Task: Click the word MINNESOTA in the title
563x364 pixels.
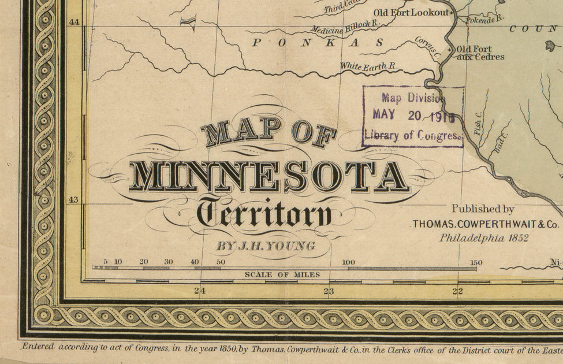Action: (x=269, y=177)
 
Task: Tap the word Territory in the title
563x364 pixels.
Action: (x=265, y=214)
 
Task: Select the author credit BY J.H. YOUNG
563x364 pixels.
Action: (x=266, y=246)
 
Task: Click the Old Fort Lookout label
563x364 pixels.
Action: (x=411, y=12)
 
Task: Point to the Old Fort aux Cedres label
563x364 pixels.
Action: (x=480, y=53)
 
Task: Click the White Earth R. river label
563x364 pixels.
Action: (x=368, y=67)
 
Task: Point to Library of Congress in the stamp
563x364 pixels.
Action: (x=413, y=136)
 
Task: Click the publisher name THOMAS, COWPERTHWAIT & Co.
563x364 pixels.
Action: (x=485, y=224)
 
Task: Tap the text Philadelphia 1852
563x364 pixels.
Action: (x=484, y=237)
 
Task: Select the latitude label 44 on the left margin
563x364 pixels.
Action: (x=74, y=21)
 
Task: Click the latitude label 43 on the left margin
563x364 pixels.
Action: (x=74, y=200)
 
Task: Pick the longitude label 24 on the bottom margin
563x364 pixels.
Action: (x=199, y=291)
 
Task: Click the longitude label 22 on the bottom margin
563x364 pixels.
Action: (x=457, y=291)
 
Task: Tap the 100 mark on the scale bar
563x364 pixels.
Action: (x=348, y=262)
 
